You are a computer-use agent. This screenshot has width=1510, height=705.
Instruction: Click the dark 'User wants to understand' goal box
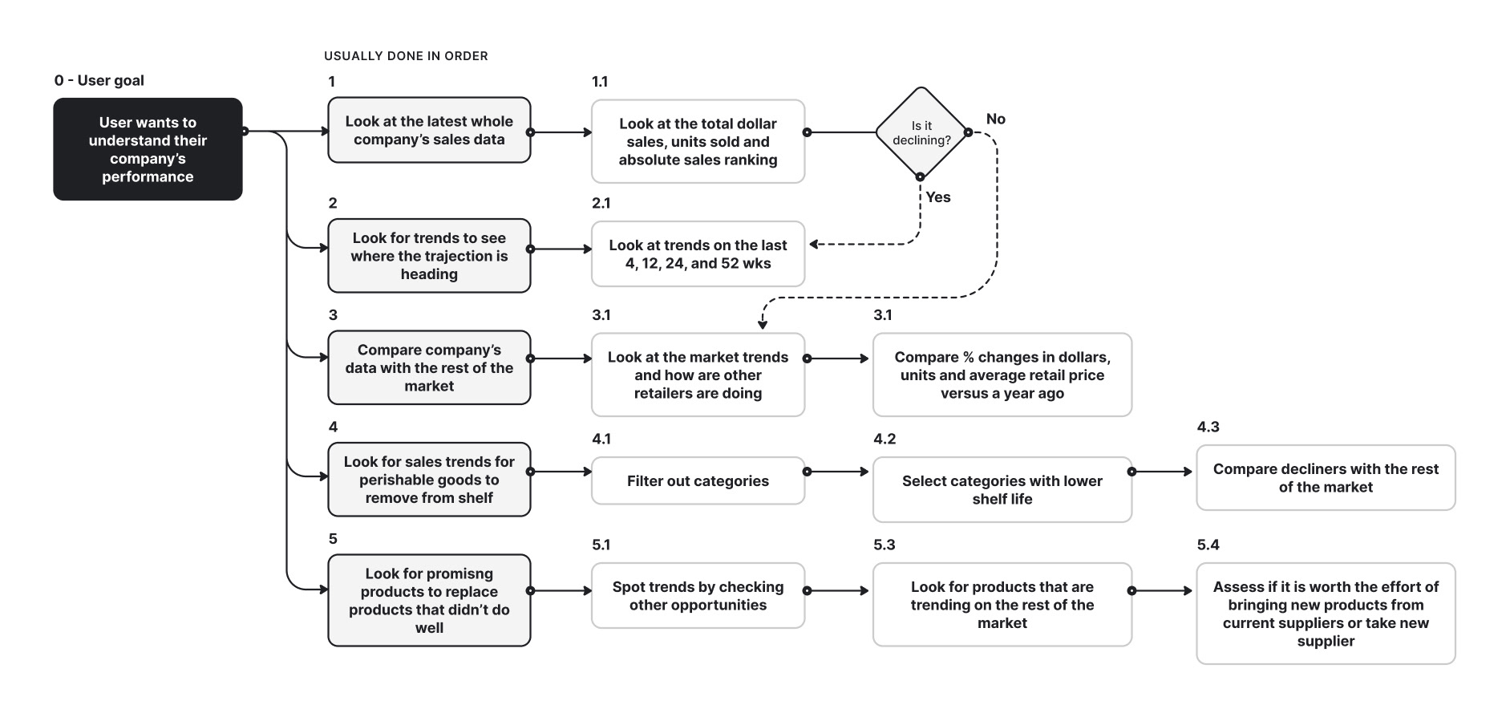click(x=148, y=149)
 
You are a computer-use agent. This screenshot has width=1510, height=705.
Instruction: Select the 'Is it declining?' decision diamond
click(x=921, y=132)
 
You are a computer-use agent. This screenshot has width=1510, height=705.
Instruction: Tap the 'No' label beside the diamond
click(x=996, y=119)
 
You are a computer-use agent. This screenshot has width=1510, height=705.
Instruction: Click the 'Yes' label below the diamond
click(x=938, y=197)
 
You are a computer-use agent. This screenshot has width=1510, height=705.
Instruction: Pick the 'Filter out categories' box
click(x=698, y=480)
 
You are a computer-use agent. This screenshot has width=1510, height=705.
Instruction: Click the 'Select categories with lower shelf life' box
click(x=1002, y=489)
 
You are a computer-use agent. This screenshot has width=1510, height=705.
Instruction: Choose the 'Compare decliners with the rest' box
click(x=1326, y=478)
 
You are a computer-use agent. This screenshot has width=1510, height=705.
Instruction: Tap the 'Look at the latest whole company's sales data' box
click(x=429, y=130)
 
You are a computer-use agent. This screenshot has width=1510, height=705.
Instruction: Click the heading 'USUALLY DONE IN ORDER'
click(x=406, y=56)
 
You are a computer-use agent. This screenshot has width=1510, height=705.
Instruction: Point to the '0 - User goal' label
click(x=99, y=80)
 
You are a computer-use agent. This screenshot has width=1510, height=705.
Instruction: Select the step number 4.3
click(x=1208, y=427)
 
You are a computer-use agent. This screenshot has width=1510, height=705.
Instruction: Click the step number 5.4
click(x=1208, y=545)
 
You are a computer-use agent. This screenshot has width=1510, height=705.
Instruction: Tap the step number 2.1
click(x=601, y=203)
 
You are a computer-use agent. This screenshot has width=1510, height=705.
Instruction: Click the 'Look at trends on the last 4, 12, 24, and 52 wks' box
click(x=698, y=254)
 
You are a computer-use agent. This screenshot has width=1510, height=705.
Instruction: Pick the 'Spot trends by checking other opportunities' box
click(x=698, y=596)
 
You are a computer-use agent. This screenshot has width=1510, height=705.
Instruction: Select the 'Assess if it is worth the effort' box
click(x=1326, y=614)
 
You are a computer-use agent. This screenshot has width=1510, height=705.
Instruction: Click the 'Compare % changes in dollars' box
click(x=1002, y=375)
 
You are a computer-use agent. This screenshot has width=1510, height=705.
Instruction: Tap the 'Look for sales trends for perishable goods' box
click(x=429, y=480)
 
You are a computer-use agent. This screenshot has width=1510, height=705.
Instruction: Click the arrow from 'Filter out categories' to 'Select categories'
click(x=838, y=472)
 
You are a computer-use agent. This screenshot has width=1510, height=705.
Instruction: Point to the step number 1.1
click(x=600, y=82)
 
